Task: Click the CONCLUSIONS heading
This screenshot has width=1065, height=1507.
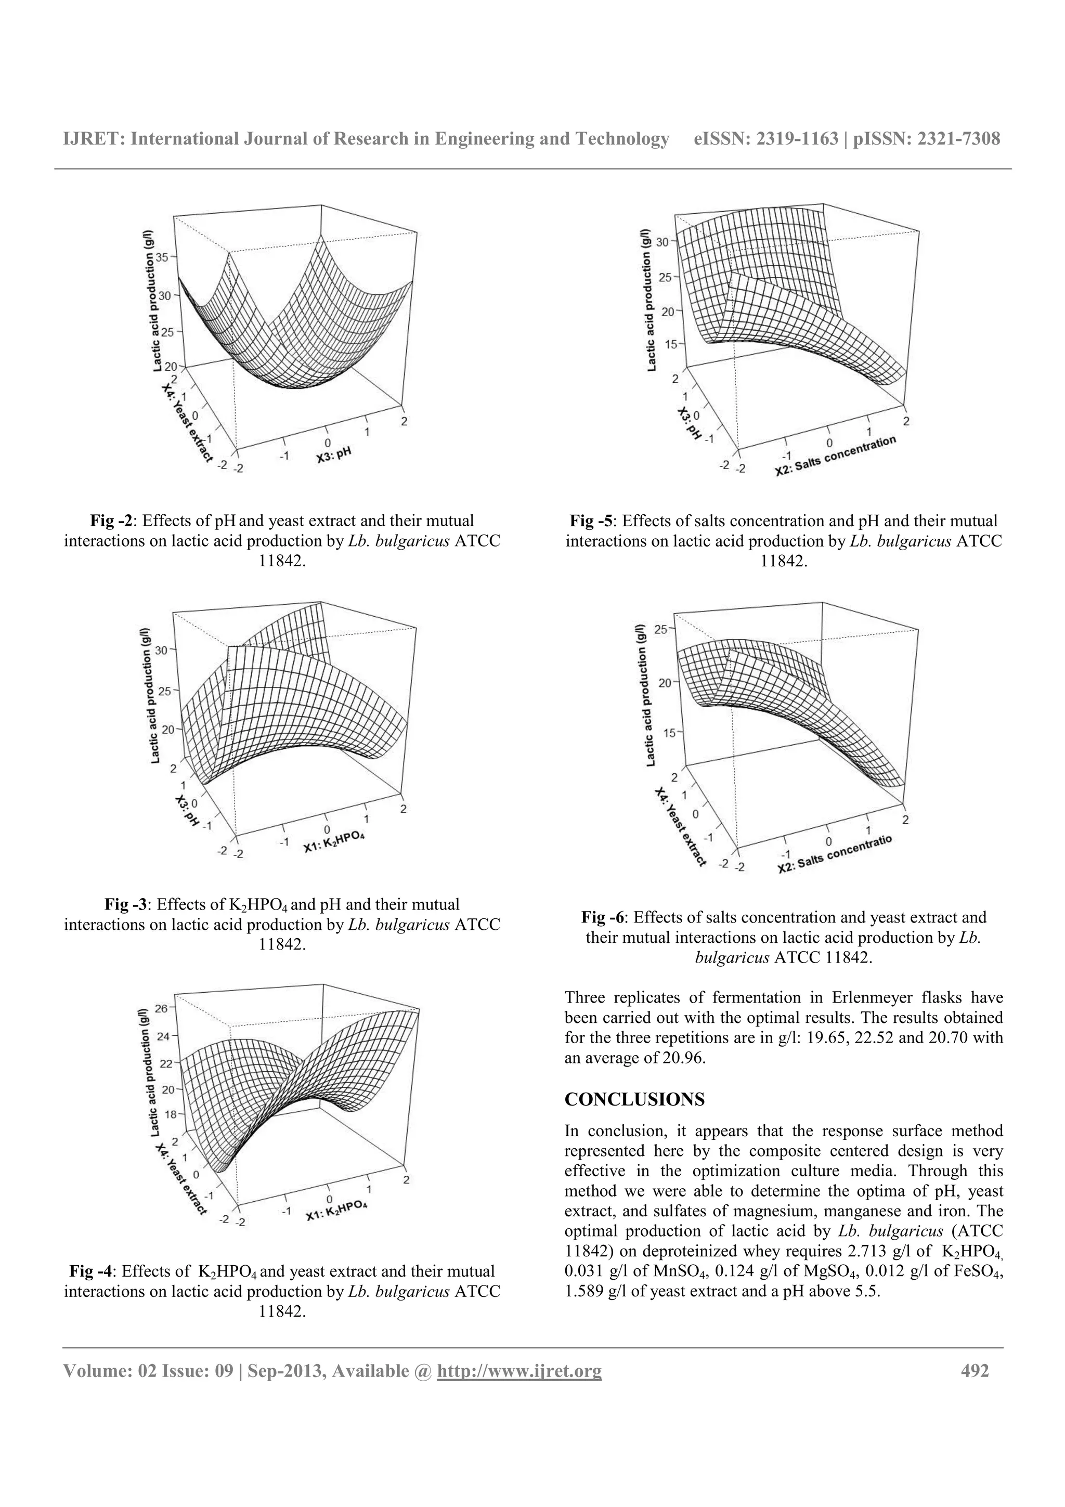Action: tap(634, 1099)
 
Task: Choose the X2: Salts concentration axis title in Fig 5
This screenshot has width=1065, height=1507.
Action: tap(835, 456)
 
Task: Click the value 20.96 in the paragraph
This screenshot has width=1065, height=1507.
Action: tap(683, 1058)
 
